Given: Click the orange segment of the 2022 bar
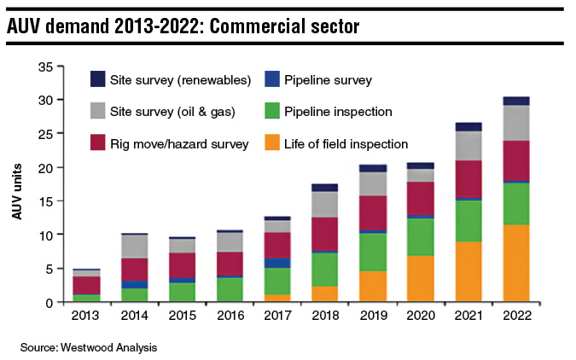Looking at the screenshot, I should pyautogui.click(x=516, y=263).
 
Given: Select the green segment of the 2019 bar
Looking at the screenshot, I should pyautogui.click(x=372, y=252).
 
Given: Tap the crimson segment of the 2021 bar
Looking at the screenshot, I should pyautogui.click(x=468, y=178).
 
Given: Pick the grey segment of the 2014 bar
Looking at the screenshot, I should pyautogui.click(x=134, y=246).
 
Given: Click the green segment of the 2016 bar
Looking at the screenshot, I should pyautogui.click(x=230, y=288).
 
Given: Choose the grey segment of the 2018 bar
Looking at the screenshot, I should pyautogui.click(x=324, y=204).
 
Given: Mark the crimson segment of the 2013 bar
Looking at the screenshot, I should pyautogui.click(x=85, y=285).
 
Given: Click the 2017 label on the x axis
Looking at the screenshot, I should pyautogui.click(x=276, y=316).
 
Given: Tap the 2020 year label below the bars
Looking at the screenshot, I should pyautogui.click(x=421, y=316).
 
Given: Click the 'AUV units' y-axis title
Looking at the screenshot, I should pyautogui.click(x=16, y=184).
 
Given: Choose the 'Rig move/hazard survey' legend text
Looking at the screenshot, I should pyautogui.click(x=179, y=144).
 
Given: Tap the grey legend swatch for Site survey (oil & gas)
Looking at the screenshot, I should pyautogui.click(x=98, y=113).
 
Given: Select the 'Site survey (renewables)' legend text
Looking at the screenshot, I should pyautogui.click(x=180, y=81).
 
